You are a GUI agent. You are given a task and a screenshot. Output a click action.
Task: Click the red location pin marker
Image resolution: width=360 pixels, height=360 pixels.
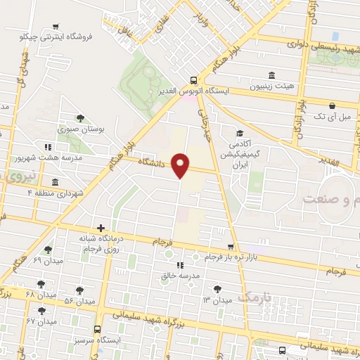pos(181,165)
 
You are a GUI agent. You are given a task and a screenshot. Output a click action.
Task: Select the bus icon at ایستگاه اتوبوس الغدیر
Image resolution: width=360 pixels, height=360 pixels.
pos(194,79)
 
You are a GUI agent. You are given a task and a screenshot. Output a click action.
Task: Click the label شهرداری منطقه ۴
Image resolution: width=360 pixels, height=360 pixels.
pos(56,192)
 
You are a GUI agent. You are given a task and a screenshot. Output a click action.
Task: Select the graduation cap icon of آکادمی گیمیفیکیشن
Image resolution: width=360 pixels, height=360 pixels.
pos(240,134)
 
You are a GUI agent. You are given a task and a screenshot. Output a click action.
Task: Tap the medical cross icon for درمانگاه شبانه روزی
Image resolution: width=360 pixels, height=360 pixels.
pos(102,228)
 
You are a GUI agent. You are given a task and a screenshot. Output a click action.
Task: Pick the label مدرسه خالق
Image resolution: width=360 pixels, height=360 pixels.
pos(181,276)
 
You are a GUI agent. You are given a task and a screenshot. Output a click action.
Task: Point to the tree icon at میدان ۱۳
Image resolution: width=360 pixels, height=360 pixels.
pos(217,288)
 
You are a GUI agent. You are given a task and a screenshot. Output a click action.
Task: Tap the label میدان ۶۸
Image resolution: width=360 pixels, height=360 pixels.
pos(40,293)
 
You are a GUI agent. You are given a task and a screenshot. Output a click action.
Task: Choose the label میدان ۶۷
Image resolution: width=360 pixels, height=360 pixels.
pos(41,321)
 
